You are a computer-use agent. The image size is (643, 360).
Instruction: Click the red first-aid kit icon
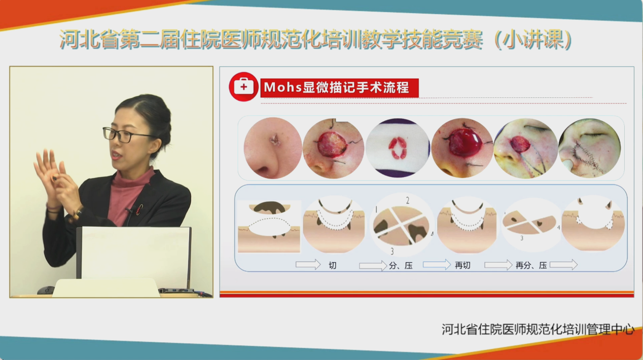[244, 87]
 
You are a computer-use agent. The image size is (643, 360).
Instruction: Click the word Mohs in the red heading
[282, 87]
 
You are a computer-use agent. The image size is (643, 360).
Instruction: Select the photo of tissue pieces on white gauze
[398, 148]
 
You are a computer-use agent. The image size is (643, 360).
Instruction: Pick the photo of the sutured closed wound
[590, 148]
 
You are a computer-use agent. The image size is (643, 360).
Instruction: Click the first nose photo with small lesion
[273, 148]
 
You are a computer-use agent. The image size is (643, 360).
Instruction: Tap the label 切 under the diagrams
[333, 265]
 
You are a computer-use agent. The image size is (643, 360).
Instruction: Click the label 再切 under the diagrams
[462, 265]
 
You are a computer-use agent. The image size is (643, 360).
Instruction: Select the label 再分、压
[531, 265]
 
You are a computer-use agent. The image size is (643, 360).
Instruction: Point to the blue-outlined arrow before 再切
[437, 264]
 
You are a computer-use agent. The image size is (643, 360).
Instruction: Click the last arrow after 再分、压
[563, 265]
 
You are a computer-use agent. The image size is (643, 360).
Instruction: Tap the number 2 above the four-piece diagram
[408, 201]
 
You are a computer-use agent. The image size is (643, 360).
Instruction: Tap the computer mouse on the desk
[45, 290]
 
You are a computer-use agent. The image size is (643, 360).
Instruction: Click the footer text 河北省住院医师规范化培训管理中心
[538, 329]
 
